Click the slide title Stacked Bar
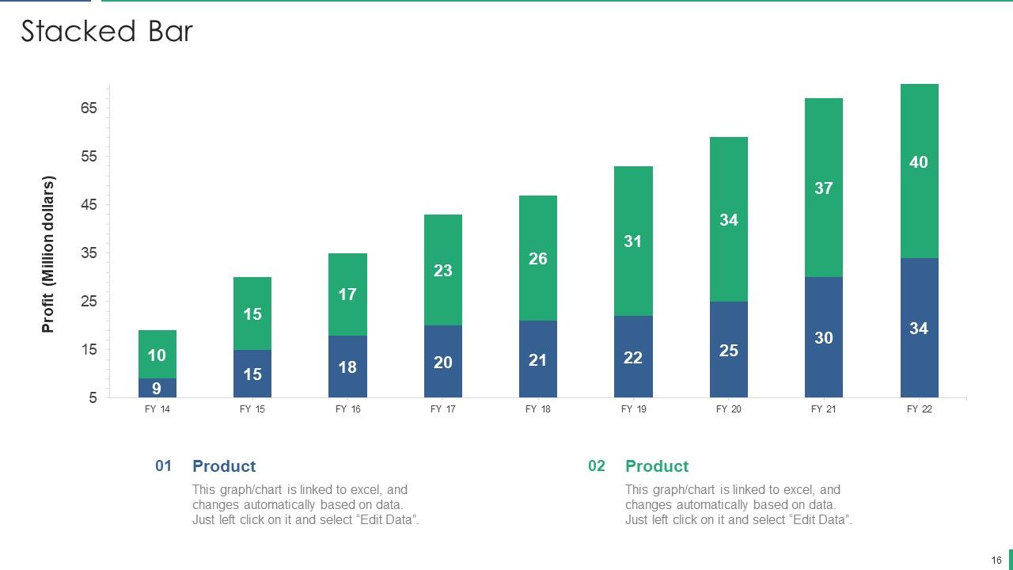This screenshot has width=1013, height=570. coord(107,31)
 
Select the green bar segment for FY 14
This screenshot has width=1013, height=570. coord(157,354)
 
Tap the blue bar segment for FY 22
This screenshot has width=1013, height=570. coord(920,328)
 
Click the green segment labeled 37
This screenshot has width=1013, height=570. coord(824,188)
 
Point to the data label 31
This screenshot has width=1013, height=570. coord(632,241)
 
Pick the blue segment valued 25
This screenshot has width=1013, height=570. coord(729,350)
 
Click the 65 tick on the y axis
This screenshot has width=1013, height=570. coord(89,108)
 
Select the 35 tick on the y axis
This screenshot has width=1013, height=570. coord(89,253)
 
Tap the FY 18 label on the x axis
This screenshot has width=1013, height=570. coord(537,409)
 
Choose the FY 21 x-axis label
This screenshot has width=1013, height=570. coord(824,409)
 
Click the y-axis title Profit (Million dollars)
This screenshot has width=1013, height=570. coord(48,254)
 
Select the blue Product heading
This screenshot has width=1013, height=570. coord(224,466)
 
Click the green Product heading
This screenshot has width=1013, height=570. coord(657,466)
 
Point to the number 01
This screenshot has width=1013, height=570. coord(163,465)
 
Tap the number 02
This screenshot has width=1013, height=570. coord(597,465)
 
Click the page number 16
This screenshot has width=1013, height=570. coord(996,560)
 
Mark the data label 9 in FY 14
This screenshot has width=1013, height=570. coord(157,388)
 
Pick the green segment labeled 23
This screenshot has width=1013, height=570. coord(442,270)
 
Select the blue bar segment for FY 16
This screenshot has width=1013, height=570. coord(347,367)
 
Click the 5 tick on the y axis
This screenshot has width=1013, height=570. coord(93,397)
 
